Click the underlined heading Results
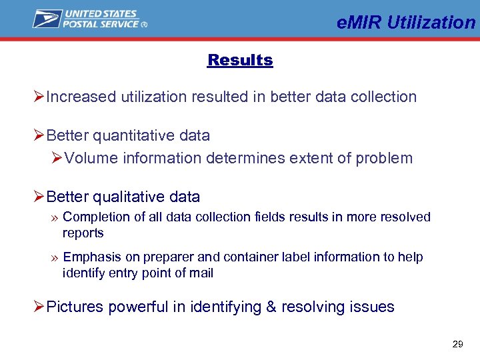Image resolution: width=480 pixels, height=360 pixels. (x=240, y=60)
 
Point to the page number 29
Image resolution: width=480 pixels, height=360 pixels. (x=457, y=344)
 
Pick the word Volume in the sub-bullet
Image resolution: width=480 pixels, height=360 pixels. (x=89, y=158)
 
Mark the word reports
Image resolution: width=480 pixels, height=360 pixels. (x=83, y=233)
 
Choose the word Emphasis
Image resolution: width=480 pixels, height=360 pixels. (x=91, y=257)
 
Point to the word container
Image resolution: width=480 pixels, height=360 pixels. (x=247, y=257)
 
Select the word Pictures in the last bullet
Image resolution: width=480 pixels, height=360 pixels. (x=75, y=307)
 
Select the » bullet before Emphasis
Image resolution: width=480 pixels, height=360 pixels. (x=53, y=257)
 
